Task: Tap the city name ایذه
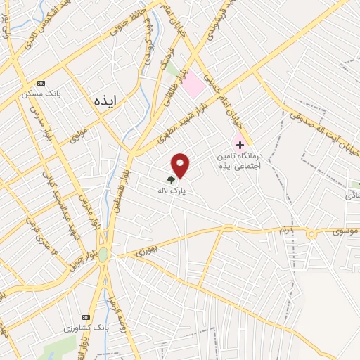pos(108,101)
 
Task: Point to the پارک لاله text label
pos(175,190)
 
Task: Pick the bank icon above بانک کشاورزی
pos(86,318)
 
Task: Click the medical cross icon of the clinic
pos(240,144)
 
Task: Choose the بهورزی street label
pos(147,248)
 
